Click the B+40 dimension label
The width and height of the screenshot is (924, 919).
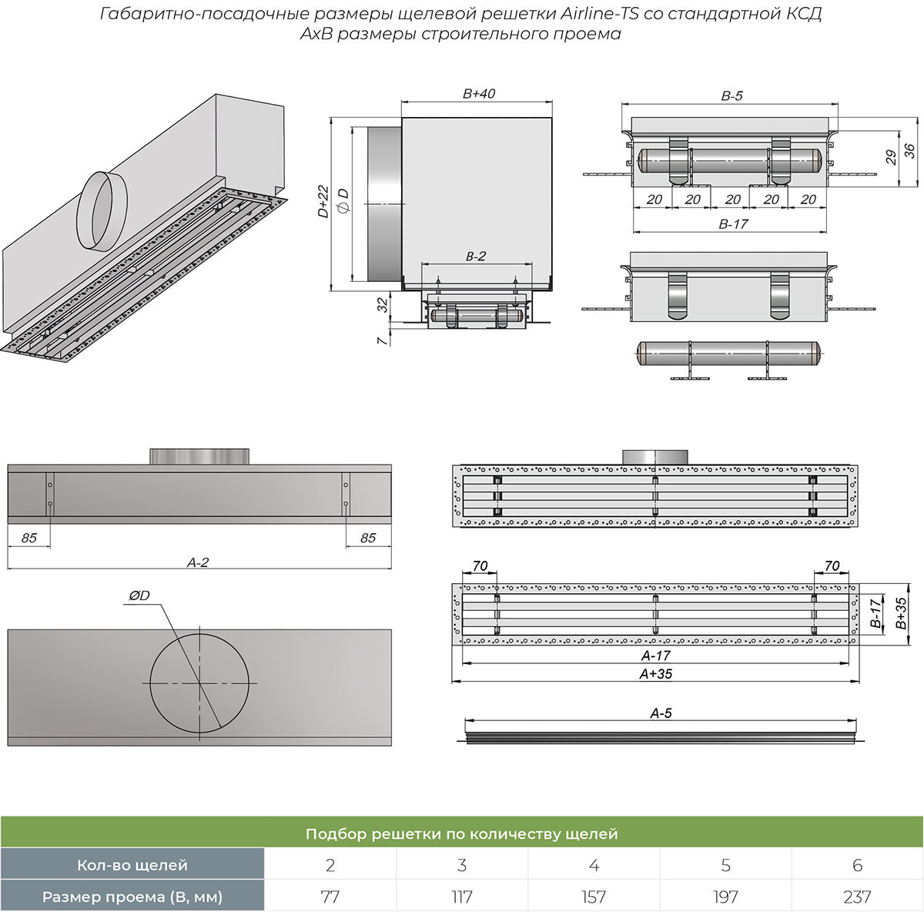478,94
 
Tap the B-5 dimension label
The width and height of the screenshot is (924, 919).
731,96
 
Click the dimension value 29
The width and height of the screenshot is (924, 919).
889,157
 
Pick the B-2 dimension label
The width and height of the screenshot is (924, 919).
476,257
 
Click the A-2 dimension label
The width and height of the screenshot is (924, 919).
198,562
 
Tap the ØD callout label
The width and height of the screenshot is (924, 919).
139,595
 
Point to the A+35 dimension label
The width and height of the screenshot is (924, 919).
656,672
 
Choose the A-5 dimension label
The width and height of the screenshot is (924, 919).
661,713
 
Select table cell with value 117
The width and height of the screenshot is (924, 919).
462,897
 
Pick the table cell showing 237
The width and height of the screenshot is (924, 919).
857,897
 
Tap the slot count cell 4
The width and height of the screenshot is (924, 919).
594,865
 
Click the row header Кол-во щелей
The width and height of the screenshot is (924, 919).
132,865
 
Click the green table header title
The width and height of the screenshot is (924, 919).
462,833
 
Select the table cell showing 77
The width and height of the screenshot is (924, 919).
330,897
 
